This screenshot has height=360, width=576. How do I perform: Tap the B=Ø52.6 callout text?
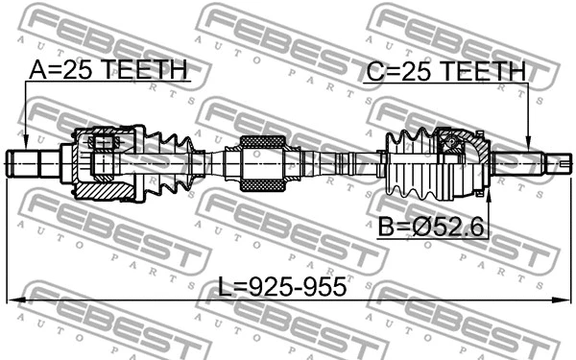click(432, 227)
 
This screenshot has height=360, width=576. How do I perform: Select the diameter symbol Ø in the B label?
click(420, 227)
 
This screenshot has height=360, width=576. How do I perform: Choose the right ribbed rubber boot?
click(408, 160)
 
